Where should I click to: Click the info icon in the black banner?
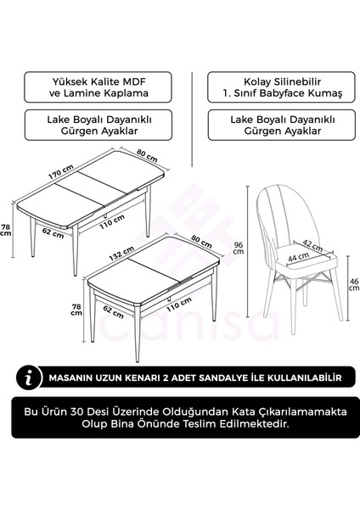click(x=32, y=374)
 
